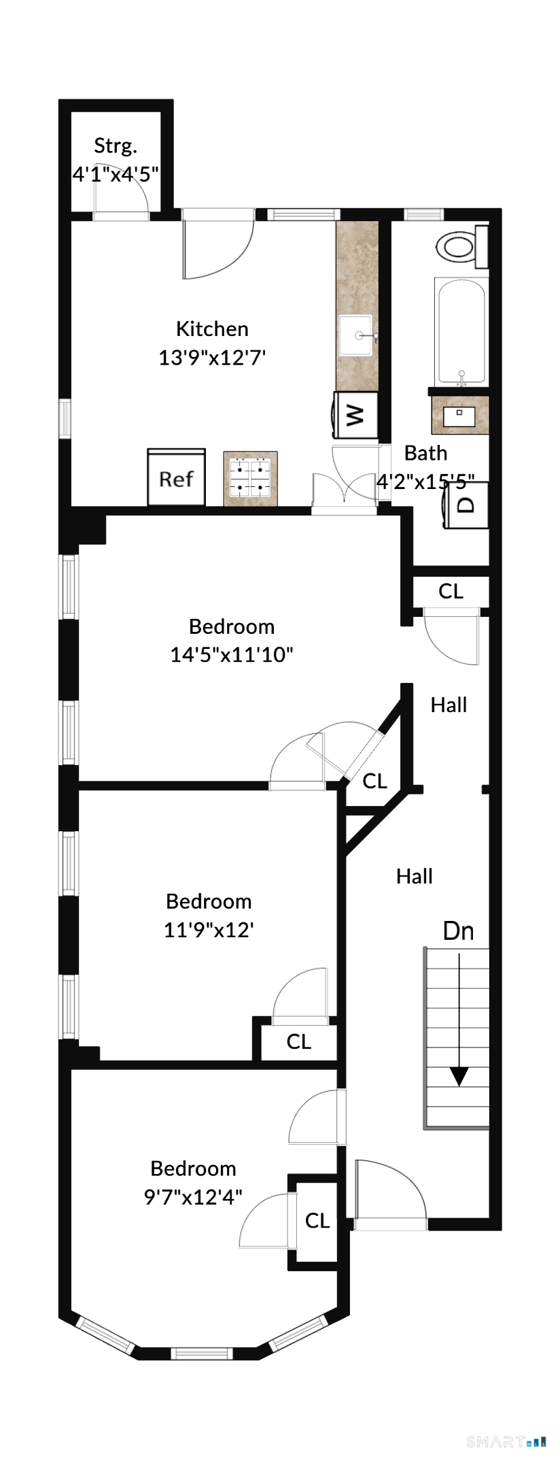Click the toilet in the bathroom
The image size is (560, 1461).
tap(462, 246)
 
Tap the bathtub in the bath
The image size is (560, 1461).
tap(461, 332)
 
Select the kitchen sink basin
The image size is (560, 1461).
tap(355, 335)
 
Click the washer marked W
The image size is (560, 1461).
tap(355, 415)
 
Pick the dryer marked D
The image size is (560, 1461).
tap(466, 505)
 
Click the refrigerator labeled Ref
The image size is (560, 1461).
tap(177, 477)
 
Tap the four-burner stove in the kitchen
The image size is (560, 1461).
tap(250, 478)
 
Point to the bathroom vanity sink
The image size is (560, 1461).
tap(459, 415)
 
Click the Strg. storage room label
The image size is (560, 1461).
tap(116, 146)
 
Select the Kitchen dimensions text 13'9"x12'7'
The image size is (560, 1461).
tap(212, 357)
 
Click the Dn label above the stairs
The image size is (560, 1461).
tap(458, 930)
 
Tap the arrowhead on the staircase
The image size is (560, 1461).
tap(459, 1076)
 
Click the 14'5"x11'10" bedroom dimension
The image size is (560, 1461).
tap(232, 654)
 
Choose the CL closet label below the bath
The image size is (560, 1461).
tap(451, 591)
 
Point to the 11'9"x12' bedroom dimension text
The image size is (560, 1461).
tap(209, 929)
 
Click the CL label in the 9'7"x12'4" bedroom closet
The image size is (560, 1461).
tap(317, 1220)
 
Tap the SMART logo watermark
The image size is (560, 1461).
tap(506, 1441)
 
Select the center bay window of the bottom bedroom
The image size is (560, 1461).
tap(201, 1353)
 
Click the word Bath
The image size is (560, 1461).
tap(426, 453)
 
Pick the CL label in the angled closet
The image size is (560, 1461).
tap(374, 781)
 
